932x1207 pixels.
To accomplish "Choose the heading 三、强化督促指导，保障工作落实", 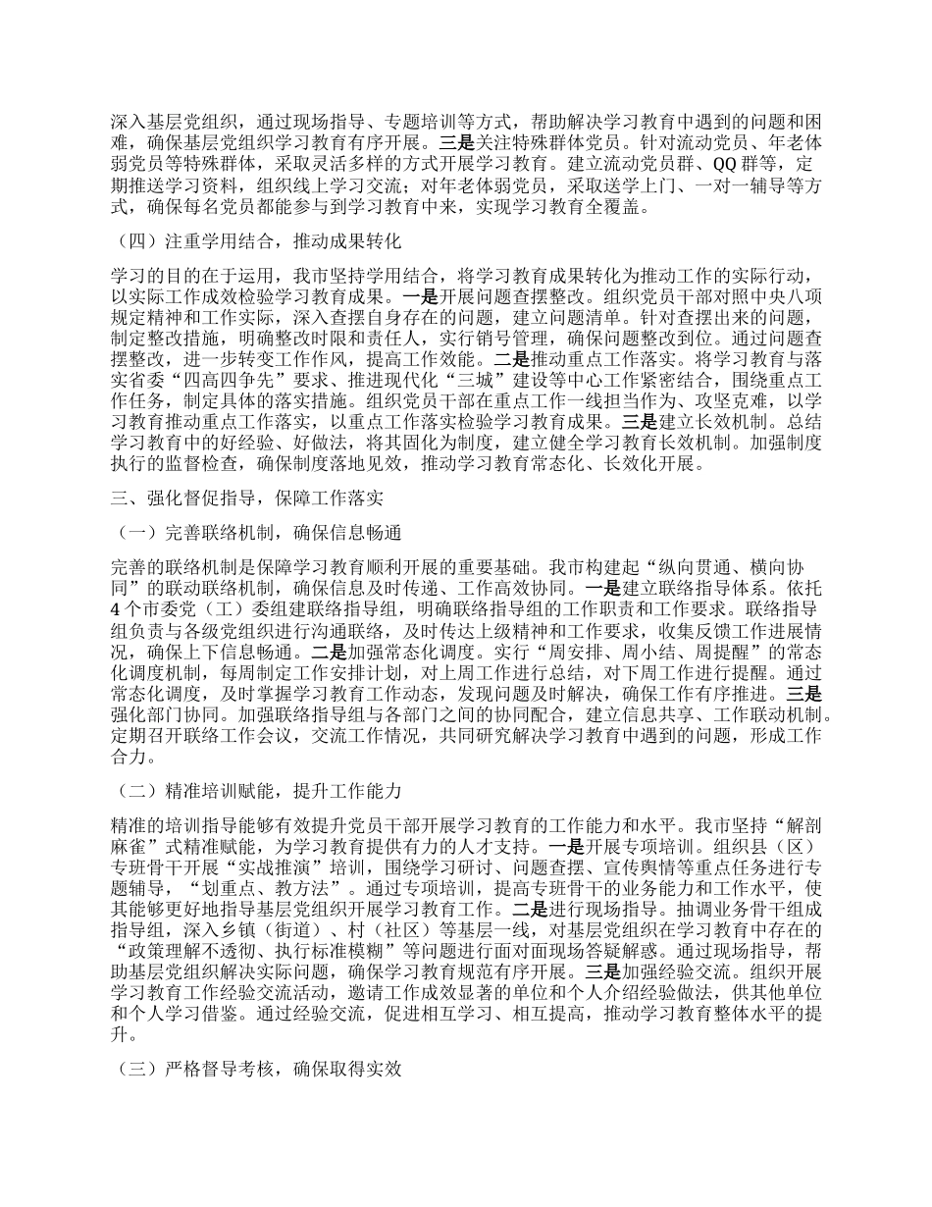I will click(246, 499).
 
